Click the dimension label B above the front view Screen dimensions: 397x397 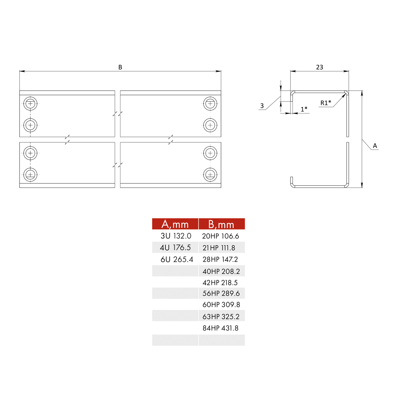(120, 67)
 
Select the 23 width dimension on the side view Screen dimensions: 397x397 (319, 67)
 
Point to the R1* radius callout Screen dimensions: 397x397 (326, 103)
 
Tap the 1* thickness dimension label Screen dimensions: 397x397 (304, 109)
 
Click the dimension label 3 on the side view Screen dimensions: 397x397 (262, 106)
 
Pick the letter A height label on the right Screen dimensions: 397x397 (375, 146)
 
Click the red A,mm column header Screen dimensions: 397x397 (175, 224)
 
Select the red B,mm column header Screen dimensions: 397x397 (221, 224)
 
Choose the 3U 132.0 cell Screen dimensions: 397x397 (176, 236)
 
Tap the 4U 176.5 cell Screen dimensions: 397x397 (175, 247)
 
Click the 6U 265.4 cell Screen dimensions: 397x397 (177, 259)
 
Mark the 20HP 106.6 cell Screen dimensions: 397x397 (220, 236)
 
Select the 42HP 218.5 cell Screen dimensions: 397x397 (220, 283)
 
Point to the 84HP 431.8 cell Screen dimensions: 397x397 (220, 328)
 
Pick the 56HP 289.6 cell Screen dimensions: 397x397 (221, 293)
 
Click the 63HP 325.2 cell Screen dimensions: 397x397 (221, 317)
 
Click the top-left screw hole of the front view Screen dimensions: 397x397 (30, 104)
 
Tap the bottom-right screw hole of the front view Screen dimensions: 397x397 (210, 174)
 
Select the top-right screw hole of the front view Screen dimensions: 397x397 (210, 104)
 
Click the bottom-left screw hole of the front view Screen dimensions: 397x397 (30, 174)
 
